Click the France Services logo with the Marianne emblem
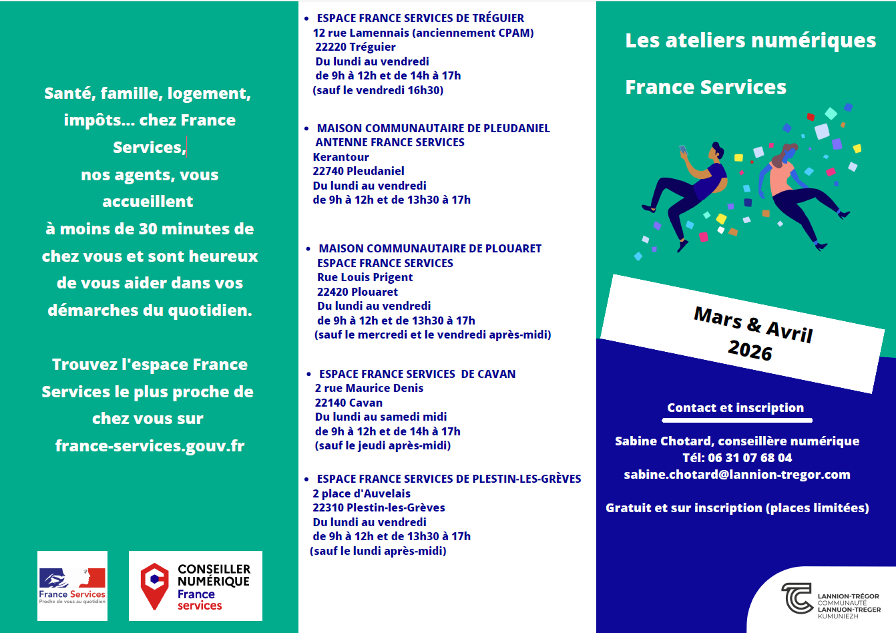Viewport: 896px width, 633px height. tap(72, 586)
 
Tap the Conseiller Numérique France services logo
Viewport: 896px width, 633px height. tap(195, 586)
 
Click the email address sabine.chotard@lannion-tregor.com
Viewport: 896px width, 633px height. tap(737, 475)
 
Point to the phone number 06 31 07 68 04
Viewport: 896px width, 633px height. tap(750, 458)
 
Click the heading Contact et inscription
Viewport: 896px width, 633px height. tap(735, 408)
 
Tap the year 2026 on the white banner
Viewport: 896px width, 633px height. tap(750, 350)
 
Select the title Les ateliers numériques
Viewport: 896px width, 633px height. tap(750, 41)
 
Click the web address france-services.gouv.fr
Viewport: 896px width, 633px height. tap(150, 445)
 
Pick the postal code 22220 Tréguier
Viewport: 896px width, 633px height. tap(355, 47)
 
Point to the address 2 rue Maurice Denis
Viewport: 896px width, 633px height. tap(369, 388)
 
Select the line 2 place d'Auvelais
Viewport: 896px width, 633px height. tap(361, 493)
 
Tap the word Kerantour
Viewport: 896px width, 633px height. tap(341, 157)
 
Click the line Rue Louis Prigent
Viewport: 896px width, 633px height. tap(365, 277)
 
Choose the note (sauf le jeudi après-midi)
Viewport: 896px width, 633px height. tap(383, 445)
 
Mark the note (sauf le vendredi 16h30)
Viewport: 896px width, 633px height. tap(378, 90)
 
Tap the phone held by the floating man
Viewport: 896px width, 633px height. tap(683, 150)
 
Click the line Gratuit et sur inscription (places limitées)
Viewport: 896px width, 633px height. tap(737, 508)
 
